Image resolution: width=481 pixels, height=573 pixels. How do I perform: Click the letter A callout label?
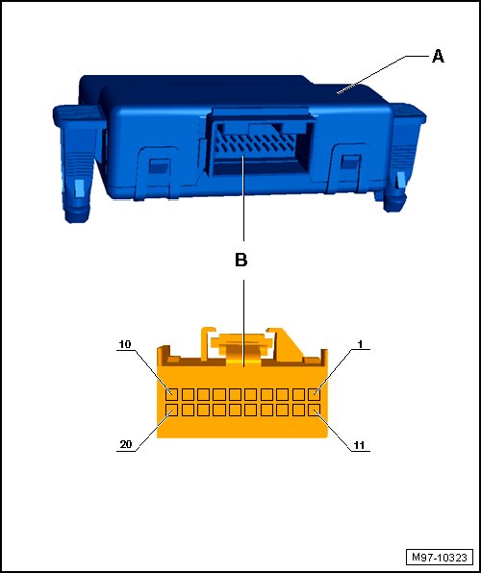(x=438, y=57)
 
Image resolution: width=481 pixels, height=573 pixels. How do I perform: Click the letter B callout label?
(x=241, y=260)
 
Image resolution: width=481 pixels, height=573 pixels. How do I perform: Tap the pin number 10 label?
(x=125, y=344)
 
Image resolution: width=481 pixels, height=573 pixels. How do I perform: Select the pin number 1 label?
(x=361, y=344)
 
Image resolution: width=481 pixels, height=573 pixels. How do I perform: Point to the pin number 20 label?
(x=125, y=445)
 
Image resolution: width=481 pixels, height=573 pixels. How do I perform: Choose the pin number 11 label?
(x=359, y=445)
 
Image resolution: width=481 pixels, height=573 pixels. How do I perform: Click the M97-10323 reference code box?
(x=440, y=558)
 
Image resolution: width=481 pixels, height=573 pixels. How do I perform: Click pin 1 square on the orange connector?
(x=315, y=395)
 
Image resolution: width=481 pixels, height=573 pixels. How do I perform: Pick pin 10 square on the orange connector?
(x=171, y=395)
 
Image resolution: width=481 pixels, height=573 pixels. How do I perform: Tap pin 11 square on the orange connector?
(x=315, y=410)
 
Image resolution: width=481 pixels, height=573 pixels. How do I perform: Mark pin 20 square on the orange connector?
(x=171, y=410)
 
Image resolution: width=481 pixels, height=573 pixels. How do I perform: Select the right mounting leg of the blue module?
(x=403, y=157)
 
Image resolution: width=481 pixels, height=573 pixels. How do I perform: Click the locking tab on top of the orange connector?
(x=241, y=346)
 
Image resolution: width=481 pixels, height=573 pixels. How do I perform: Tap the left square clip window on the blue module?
(x=159, y=166)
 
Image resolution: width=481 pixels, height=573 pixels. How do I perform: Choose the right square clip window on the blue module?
(x=349, y=162)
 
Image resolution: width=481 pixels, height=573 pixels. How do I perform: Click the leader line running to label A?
(x=383, y=75)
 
